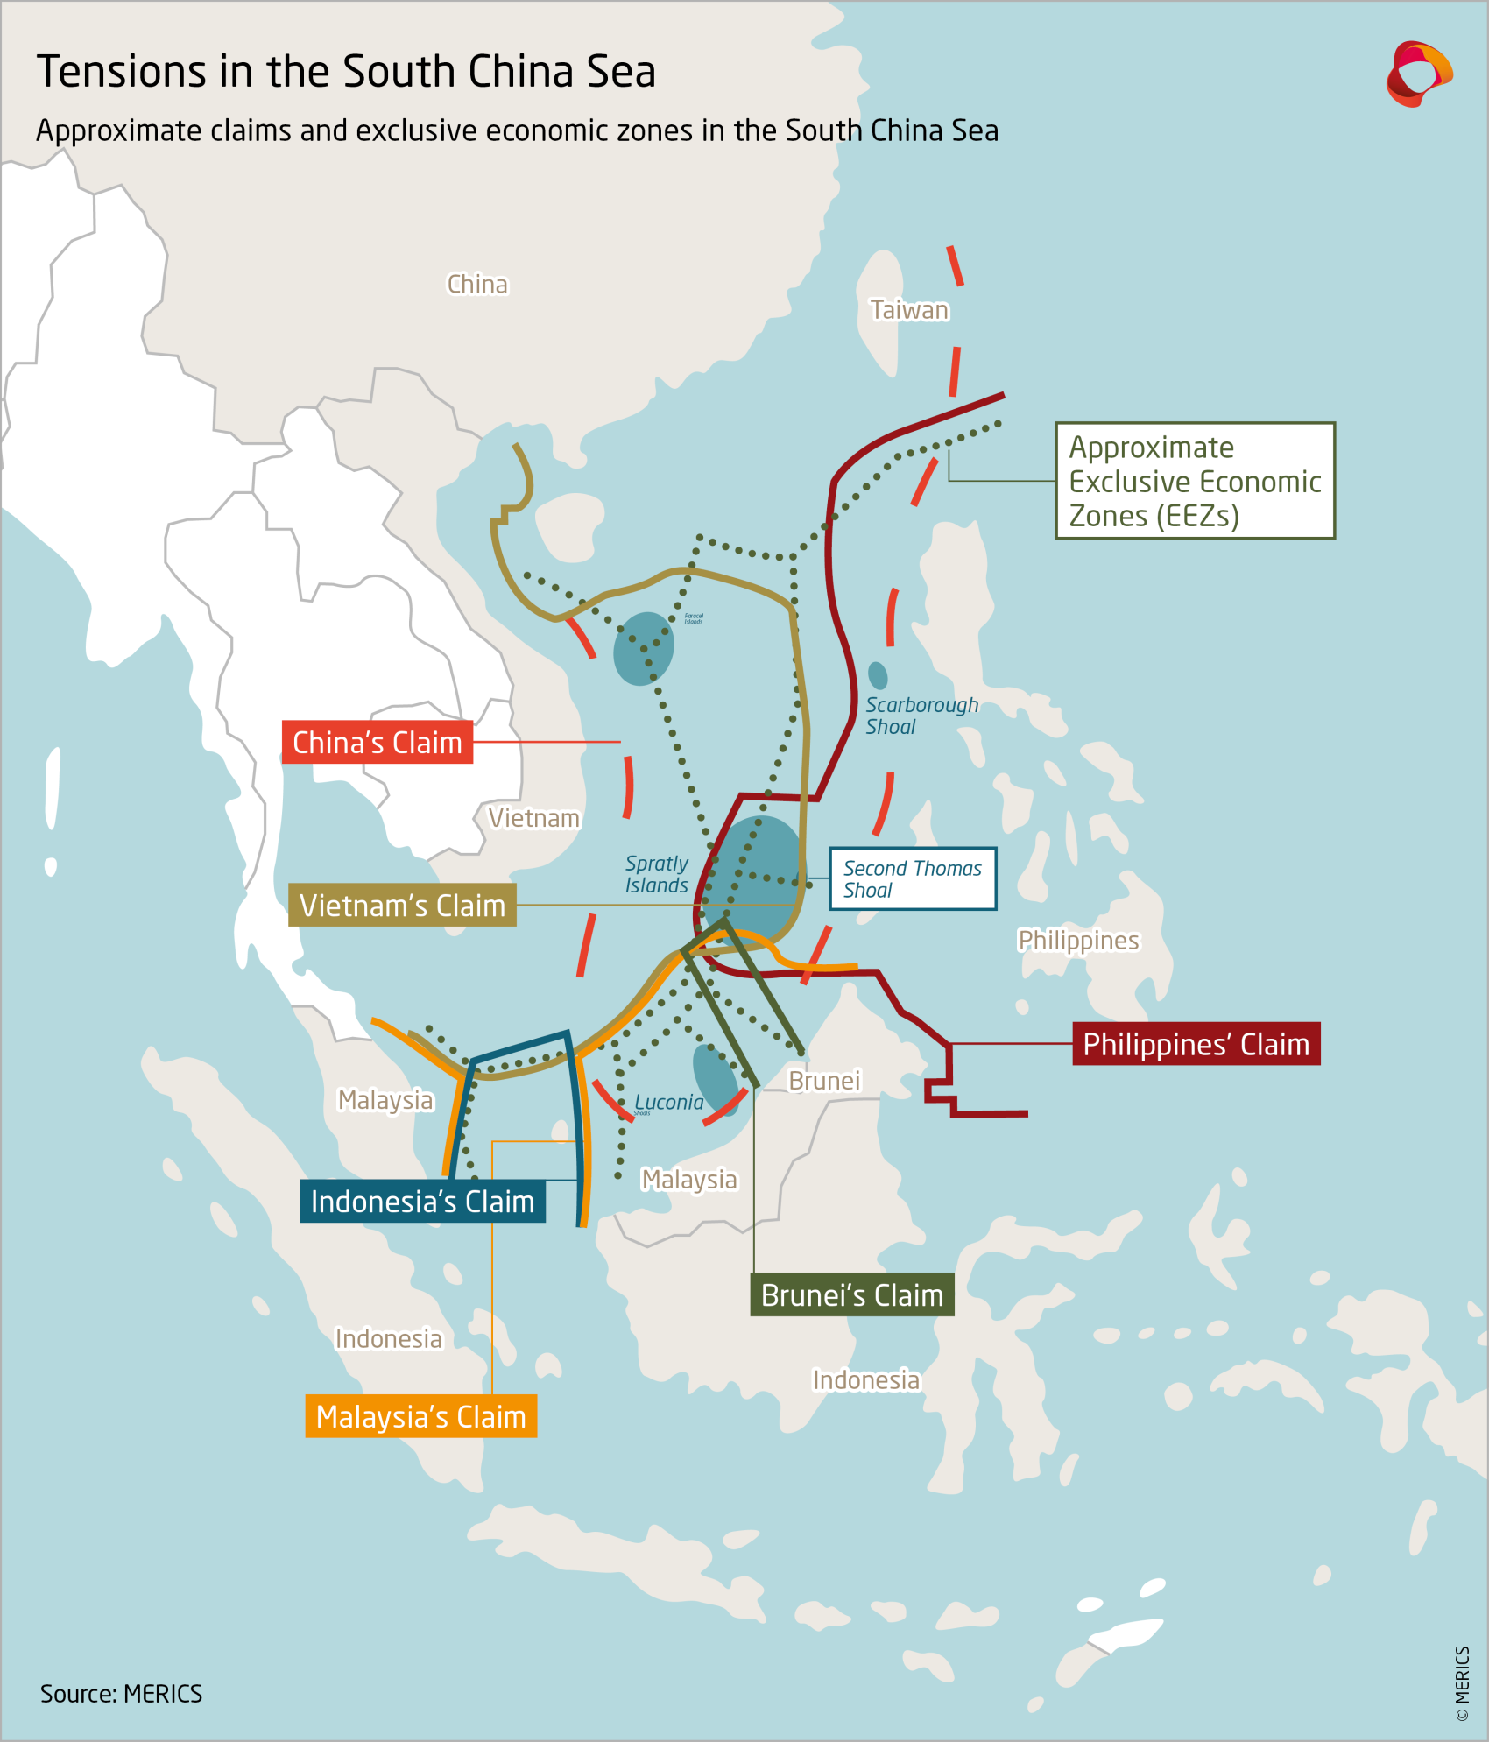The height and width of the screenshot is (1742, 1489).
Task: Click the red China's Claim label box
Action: pos(377,743)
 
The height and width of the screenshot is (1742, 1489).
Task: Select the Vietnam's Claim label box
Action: pos(402,905)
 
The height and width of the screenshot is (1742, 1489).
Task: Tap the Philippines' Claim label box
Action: pos(1196,1044)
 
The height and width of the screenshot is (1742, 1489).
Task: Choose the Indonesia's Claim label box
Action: pos(422,1202)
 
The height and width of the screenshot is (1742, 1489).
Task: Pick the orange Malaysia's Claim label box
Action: pos(420,1416)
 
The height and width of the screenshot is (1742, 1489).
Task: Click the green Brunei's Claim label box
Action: pos(851,1295)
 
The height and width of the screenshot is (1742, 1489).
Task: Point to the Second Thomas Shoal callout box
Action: pos(912,878)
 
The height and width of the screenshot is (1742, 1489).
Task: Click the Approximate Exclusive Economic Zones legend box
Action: pos(1194,481)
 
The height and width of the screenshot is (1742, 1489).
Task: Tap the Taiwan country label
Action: pos(909,310)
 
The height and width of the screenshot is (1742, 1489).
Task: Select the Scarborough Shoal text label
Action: pos(921,716)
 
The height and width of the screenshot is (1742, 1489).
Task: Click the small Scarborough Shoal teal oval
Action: pos(877,675)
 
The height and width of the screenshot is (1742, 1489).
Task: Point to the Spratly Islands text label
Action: pos(656,874)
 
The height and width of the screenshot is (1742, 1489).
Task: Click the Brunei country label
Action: pos(824,1081)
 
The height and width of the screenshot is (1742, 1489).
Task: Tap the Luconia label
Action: pos(668,1102)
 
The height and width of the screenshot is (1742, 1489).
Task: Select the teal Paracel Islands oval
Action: pos(643,648)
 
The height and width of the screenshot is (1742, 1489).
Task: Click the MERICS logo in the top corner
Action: pos(1418,74)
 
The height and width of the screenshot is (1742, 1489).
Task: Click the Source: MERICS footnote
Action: pos(121,1693)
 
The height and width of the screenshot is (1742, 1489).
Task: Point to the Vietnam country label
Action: pos(533,818)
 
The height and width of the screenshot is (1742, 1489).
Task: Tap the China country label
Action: pos(477,285)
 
